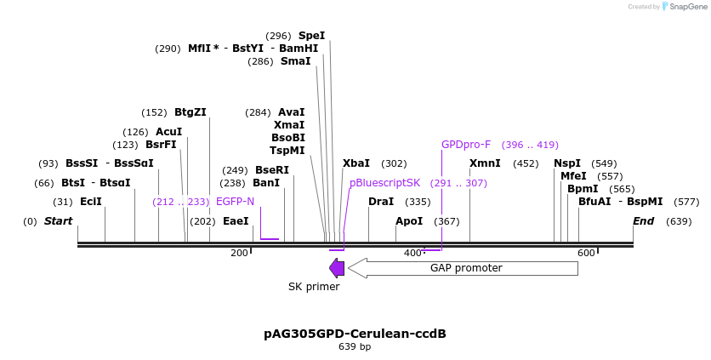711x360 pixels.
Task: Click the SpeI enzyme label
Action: (x=311, y=36)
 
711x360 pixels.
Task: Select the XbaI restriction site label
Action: (x=356, y=163)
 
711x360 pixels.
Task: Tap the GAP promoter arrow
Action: (x=464, y=268)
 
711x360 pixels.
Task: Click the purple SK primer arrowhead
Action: (x=337, y=268)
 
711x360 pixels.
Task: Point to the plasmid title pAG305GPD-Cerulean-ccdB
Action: (x=355, y=333)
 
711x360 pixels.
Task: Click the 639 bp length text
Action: (x=355, y=346)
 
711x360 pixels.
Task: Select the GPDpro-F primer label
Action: (x=466, y=145)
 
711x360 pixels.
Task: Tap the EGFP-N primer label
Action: (x=236, y=202)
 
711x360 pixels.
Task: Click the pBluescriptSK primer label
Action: (x=384, y=183)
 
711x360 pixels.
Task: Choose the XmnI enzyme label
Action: (x=485, y=163)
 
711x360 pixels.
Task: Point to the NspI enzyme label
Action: (x=567, y=163)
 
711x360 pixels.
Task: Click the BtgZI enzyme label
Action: (x=191, y=112)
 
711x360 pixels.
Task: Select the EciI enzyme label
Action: (x=91, y=202)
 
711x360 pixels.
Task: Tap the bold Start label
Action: (x=58, y=221)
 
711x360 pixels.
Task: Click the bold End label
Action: (x=644, y=221)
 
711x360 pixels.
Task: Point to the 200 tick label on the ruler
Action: (x=239, y=253)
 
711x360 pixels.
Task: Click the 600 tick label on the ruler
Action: (x=585, y=253)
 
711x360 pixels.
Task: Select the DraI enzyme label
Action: (x=381, y=202)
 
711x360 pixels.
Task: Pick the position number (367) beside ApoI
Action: (x=447, y=221)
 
